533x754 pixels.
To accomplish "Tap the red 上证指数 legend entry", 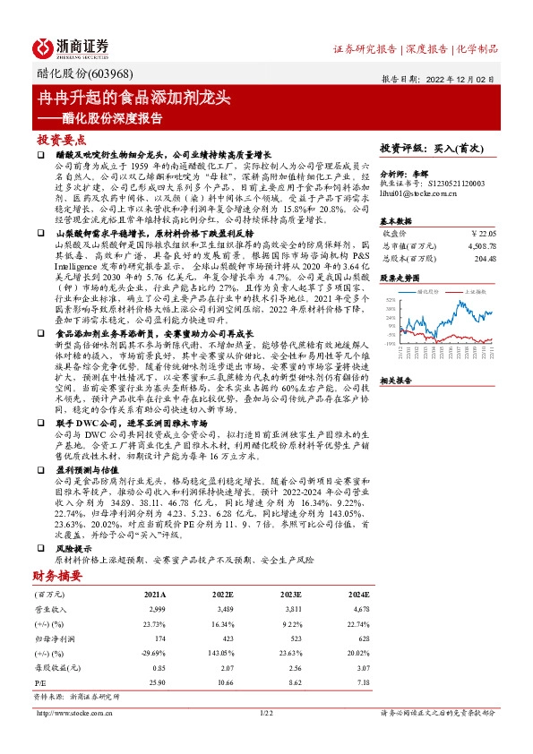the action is coord(474,292).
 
